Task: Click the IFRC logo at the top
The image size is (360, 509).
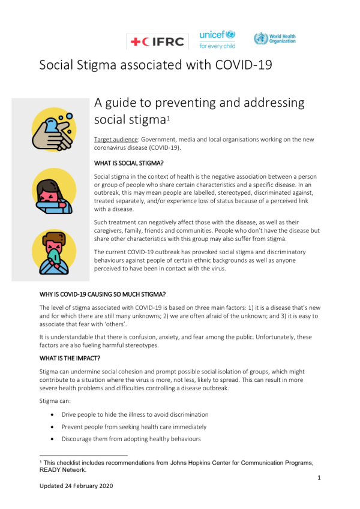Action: pos(157,41)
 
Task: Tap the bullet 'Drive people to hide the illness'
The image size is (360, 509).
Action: pos(135,414)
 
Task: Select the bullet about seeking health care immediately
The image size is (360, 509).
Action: pos(134,427)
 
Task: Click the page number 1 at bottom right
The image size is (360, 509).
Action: pos(320,478)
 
